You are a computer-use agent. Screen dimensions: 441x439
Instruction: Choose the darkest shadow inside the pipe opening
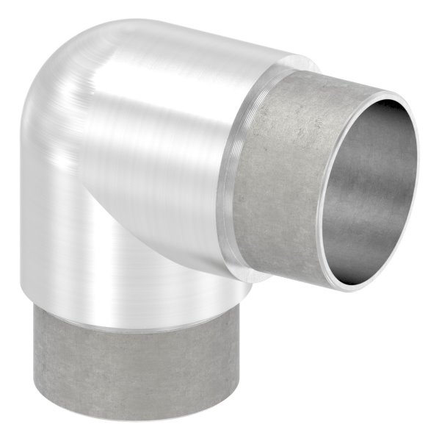[396, 162]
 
